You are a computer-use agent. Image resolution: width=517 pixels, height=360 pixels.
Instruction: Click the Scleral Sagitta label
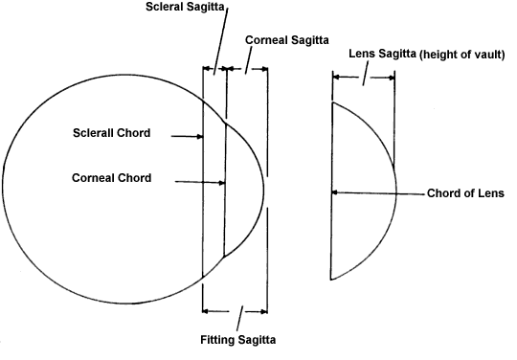(185, 7)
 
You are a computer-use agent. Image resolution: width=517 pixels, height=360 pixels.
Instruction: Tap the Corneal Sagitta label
(287, 40)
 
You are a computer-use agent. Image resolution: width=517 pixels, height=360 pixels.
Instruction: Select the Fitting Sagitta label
(238, 340)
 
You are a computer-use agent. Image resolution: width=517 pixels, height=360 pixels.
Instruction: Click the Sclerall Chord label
(112, 133)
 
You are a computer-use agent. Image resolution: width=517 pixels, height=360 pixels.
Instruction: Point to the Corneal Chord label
(112, 178)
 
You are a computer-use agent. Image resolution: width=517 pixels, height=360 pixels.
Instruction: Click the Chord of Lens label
(465, 193)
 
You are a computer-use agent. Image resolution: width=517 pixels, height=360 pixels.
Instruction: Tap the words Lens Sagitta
(382, 54)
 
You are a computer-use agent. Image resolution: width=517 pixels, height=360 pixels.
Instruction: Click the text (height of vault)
(461, 55)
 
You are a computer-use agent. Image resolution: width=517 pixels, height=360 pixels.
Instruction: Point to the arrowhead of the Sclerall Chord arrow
(200, 137)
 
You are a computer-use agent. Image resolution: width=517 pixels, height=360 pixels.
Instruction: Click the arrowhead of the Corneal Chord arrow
(222, 183)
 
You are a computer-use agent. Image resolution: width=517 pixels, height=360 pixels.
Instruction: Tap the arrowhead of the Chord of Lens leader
(334, 192)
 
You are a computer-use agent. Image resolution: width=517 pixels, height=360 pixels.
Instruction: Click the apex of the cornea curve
(264, 190)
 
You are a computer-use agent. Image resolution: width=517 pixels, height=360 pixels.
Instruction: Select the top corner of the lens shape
(332, 103)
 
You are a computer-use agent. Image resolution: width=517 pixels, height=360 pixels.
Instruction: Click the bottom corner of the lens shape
(331, 280)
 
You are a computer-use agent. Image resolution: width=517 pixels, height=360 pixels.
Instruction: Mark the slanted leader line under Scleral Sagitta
(220, 40)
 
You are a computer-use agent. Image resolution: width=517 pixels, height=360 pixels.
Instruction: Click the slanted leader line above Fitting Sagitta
(239, 318)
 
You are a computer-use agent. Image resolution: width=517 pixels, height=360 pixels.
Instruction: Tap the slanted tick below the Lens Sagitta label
(365, 75)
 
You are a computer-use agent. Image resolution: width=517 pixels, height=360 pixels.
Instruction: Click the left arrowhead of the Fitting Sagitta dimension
(205, 311)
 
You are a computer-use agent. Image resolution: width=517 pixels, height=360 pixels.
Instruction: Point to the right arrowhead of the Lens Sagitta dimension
(391, 78)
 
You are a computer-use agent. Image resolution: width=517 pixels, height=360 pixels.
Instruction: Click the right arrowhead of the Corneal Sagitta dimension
(264, 69)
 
